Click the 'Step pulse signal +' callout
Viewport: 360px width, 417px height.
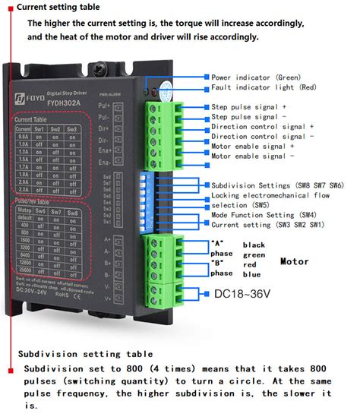click(x=249, y=107)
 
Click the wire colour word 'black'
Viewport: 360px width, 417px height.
click(x=254, y=245)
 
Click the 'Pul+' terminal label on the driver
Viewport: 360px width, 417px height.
click(x=126, y=106)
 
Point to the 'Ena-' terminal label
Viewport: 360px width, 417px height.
click(x=126, y=163)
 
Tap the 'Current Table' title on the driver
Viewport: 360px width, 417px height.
click(x=36, y=120)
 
